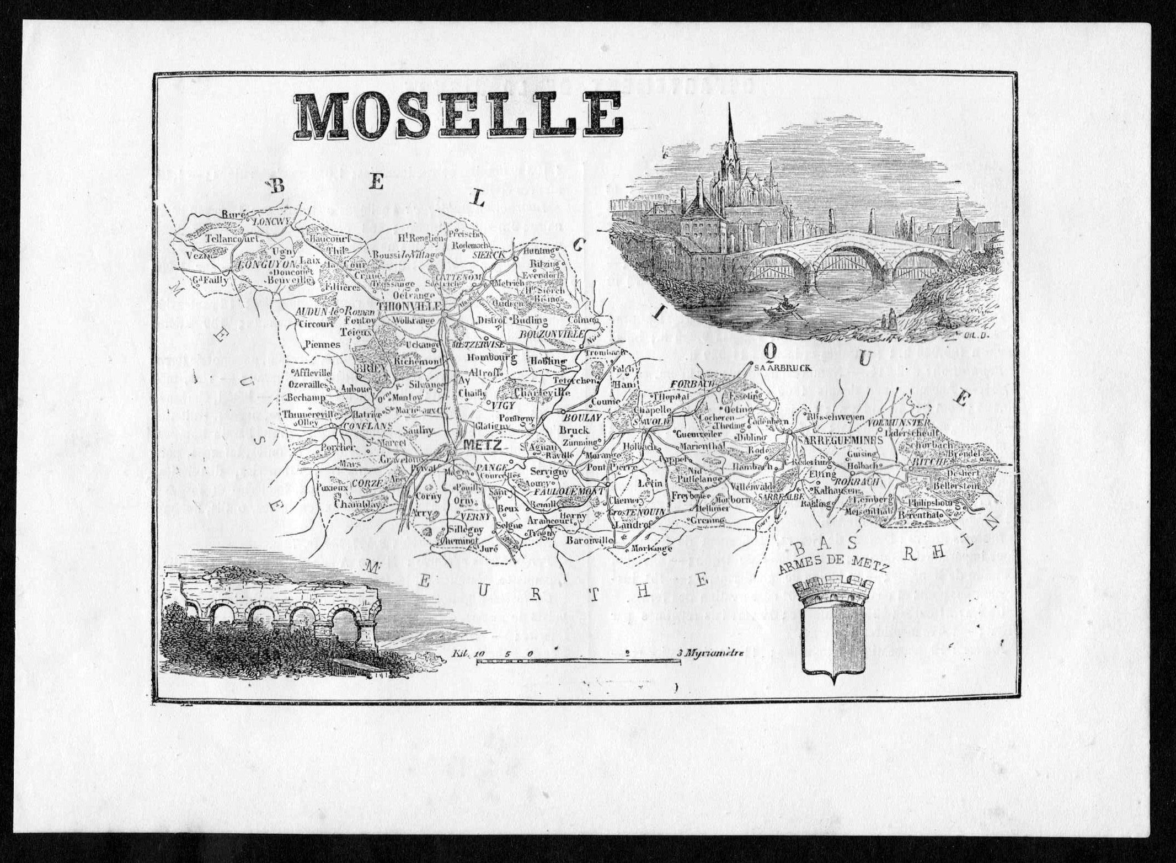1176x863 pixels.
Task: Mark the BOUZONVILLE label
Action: (552, 334)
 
